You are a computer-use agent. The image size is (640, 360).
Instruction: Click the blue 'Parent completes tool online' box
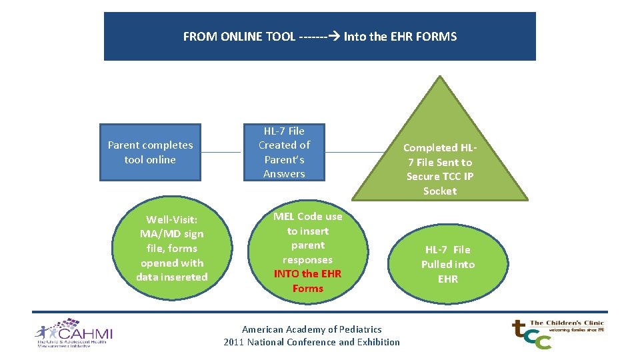(150, 152)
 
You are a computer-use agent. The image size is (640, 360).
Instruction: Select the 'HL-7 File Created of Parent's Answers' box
(284, 152)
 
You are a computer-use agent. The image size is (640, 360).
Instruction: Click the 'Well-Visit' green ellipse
(172, 248)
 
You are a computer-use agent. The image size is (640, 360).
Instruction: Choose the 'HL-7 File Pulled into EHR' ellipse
(448, 264)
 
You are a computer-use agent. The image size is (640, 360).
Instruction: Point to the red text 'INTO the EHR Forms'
(308, 281)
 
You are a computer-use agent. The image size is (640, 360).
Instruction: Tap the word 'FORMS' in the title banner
(436, 37)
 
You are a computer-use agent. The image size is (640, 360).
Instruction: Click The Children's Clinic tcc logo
(557, 333)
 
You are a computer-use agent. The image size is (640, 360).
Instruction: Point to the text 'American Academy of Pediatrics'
(312, 329)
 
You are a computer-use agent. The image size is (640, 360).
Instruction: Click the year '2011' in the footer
(234, 342)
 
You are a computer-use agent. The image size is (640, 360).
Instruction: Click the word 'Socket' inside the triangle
(440, 191)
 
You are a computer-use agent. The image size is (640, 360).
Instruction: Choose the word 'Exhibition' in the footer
(379, 342)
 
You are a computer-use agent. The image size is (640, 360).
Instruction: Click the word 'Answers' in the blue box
(284, 174)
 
